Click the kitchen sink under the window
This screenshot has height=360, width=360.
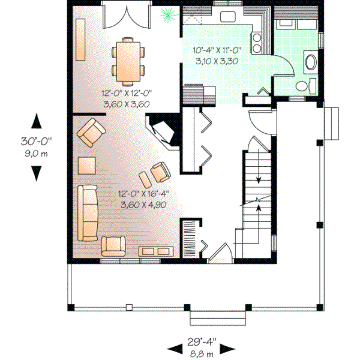coord(228,16)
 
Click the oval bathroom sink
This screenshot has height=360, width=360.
coord(312,62)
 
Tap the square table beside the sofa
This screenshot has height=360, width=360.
coord(86,165)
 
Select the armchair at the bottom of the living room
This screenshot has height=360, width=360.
coord(113,245)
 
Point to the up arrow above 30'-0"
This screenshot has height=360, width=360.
coord(37,121)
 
